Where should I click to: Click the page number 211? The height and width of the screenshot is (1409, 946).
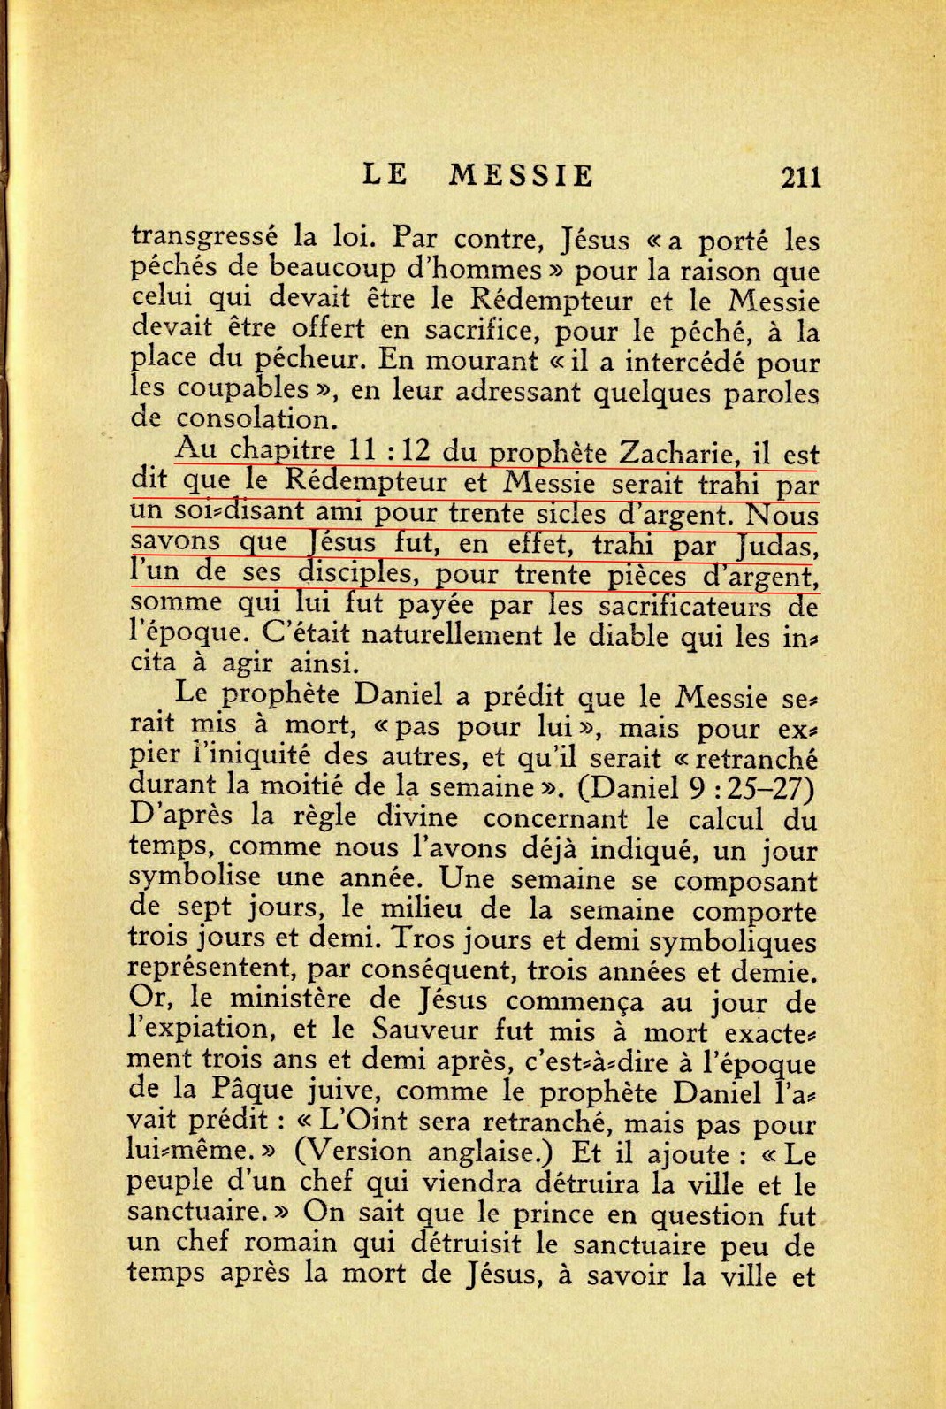tap(801, 177)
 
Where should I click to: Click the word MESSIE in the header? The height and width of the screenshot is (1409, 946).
tap(521, 175)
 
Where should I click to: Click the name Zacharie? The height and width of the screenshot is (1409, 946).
tap(677, 454)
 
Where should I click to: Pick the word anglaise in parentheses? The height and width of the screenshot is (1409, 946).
tap(490, 1152)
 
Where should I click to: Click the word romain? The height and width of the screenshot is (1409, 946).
tap(291, 1244)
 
